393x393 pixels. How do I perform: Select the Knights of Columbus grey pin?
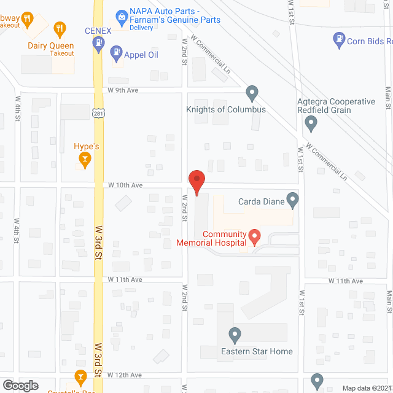[x=251, y=93]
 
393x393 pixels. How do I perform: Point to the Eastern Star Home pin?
[x=234, y=335]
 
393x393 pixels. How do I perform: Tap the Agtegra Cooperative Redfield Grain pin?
[x=311, y=124]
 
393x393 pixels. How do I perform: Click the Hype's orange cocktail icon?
[x=84, y=161]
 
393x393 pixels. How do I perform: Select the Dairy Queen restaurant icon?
[x=60, y=28]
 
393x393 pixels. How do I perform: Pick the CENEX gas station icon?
[x=98, y=42]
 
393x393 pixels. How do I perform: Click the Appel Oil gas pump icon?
[x=115, y=54]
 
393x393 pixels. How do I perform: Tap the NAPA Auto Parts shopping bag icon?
[x=121, y=15]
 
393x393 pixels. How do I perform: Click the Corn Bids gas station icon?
[x=338, y=41]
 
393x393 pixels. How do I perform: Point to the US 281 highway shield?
[x=99, y=113]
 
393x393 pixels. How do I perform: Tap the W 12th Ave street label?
[x=125, y=375]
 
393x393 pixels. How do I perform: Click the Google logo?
[x=20, y=386]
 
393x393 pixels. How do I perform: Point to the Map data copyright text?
[x=366, y=388]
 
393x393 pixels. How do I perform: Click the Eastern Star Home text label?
[x=257, y=352]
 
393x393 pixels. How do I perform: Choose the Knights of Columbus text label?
[x=226, y=110]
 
